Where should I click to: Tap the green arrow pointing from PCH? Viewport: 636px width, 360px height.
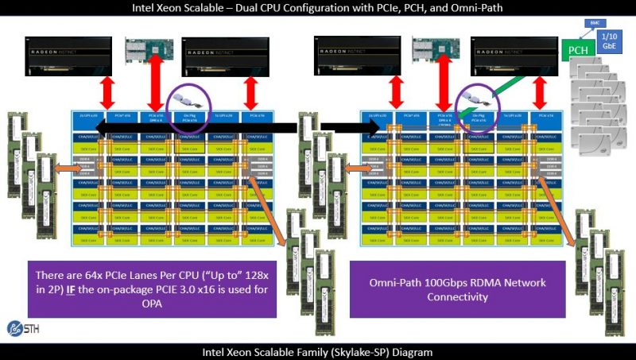[x=524, y=81]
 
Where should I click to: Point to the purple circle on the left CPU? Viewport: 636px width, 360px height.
[x=190, y=105]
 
